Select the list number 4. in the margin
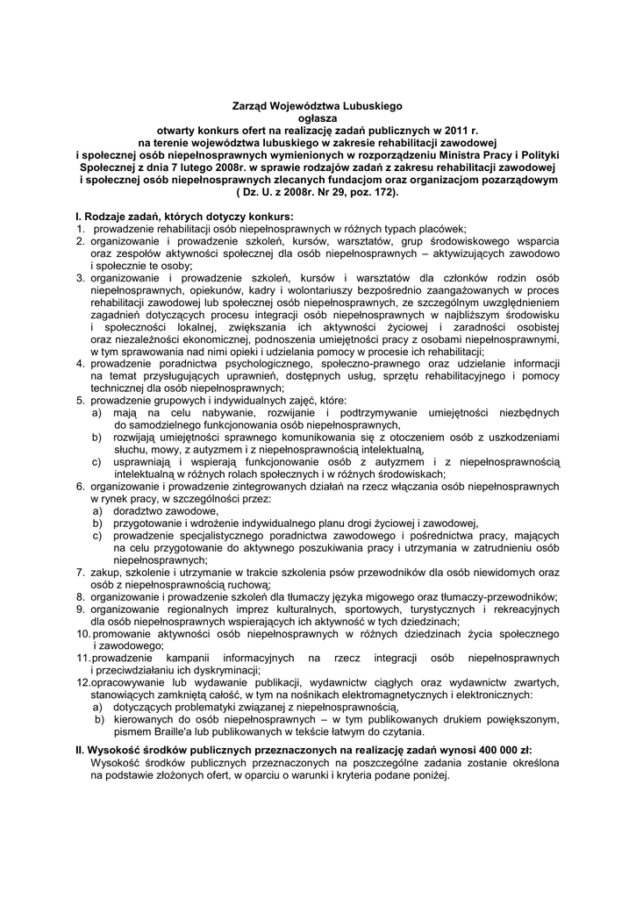pyautogui.click(x=79, y=362)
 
